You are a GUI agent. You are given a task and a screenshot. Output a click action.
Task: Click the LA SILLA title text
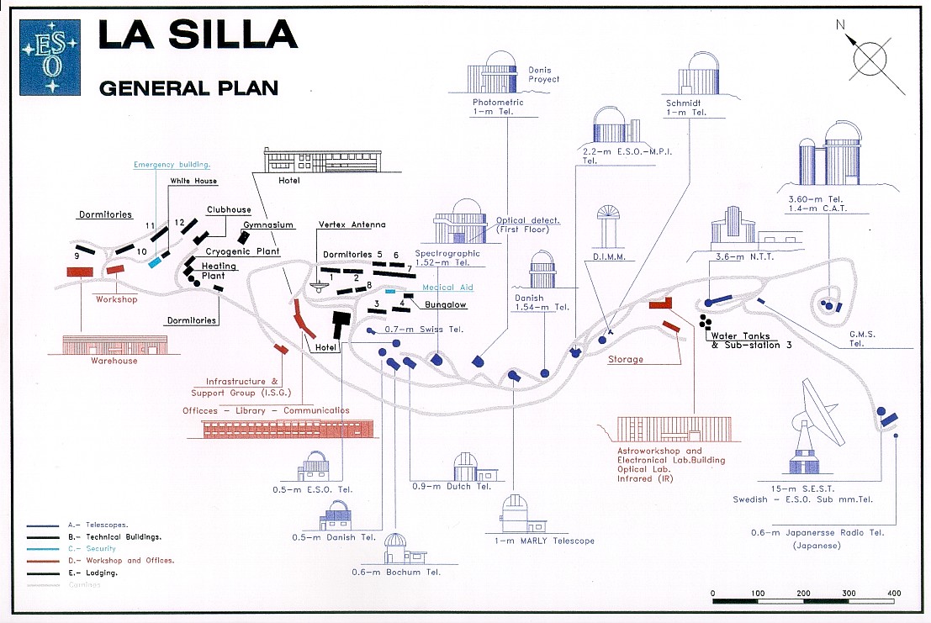tap(198, 34)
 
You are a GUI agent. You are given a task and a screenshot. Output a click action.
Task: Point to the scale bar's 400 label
tap(892, 593)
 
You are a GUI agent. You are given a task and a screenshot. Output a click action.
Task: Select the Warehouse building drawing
tap(114, 345)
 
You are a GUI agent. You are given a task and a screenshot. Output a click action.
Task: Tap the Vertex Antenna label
tap(352, 224)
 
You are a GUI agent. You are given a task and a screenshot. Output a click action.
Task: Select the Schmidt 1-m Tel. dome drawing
tap(700, 74)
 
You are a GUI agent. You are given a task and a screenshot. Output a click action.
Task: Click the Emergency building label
tap(172, 165)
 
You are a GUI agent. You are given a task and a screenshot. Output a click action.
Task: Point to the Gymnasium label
tap(268, 225)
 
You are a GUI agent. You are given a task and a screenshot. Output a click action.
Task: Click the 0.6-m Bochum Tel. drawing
tap(395, 550)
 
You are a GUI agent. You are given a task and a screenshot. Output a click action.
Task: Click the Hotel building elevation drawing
tap(323, 161)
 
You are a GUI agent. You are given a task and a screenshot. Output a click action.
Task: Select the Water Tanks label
tap(739, 335)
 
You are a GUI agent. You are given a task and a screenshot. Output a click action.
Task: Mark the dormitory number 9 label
tap(77, 255)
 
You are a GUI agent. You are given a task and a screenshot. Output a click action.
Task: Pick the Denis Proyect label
tap(543, 75)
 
